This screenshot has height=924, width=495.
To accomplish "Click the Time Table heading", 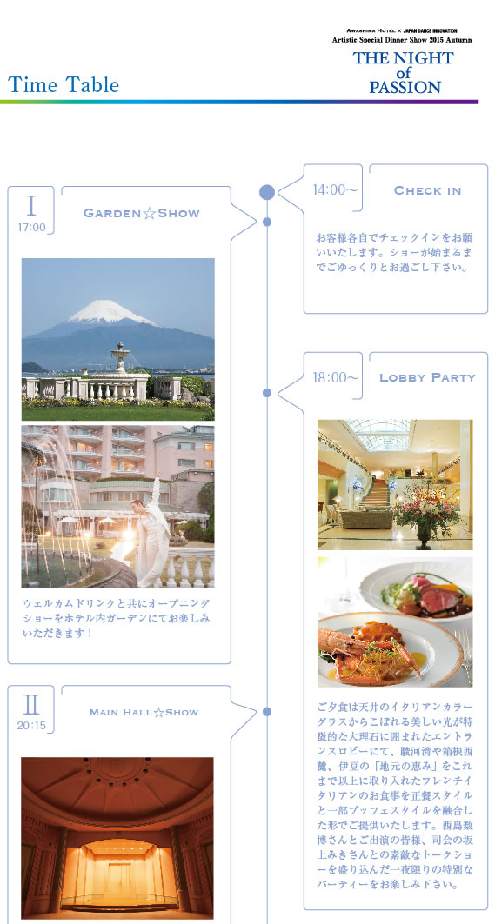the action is [x=64, y=85].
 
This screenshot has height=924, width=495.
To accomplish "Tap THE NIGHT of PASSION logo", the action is [x=404, y=73].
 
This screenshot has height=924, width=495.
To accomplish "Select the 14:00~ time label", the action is [x=335, y=189].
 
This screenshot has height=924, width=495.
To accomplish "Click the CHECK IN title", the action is [x=428, y=191].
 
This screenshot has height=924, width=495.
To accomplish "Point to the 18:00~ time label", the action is [x=336, y=378].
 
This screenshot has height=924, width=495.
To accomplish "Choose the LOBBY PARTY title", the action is [x=427, y=378].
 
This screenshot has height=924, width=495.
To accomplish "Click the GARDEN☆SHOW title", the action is [x=142, y=213].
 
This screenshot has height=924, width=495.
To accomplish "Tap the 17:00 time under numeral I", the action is [x=31, y=228].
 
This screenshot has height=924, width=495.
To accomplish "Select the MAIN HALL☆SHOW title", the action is [x=144, y=713].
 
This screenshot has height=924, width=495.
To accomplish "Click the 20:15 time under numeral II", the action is [x=31, y=726].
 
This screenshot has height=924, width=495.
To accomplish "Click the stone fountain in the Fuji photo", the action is [x=121, y=359].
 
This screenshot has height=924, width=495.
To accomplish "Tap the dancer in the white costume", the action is [x=149, y=534].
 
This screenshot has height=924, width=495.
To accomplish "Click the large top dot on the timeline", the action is [x=267, y=192].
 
